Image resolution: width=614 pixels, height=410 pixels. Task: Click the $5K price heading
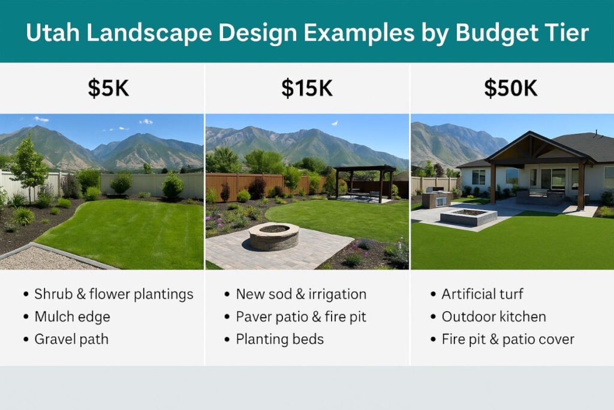108,88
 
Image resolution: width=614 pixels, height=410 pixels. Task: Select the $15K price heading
307,88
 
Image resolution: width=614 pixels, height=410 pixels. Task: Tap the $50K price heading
511,88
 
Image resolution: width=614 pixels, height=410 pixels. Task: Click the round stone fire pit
274,236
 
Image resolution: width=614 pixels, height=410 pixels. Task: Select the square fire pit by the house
469,217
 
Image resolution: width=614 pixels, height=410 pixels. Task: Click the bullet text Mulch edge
72,317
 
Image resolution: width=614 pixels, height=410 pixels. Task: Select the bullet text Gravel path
71,339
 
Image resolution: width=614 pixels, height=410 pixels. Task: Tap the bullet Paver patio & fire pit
301,317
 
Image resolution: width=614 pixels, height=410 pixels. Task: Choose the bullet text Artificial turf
483,294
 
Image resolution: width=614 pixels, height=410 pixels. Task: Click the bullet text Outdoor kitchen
494,317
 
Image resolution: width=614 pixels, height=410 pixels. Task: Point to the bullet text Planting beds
279,339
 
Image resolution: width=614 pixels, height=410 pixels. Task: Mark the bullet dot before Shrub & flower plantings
26,294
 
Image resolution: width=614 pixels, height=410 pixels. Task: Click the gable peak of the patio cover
531,132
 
